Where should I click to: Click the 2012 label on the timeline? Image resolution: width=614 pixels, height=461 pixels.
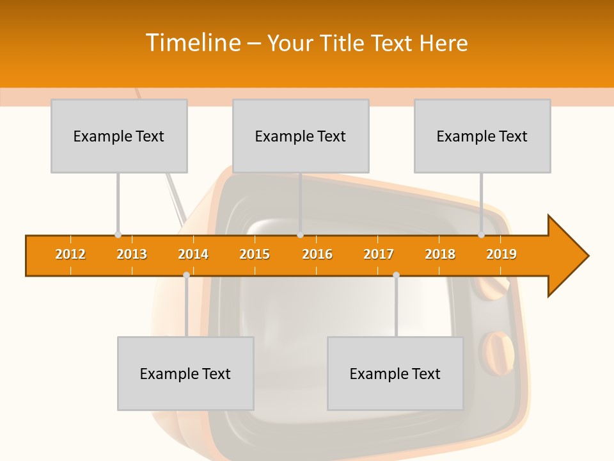[70, 254]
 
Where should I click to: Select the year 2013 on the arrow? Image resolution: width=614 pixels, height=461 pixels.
[132, 254]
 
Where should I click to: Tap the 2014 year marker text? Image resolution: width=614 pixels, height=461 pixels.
[193, 254]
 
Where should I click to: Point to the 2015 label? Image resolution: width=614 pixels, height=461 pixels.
[255, 254]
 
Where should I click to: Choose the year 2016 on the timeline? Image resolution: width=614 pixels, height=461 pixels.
[317, 254]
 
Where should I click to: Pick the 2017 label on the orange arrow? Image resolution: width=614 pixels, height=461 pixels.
[379, 254]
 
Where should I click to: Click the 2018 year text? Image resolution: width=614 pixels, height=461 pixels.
[440, 254]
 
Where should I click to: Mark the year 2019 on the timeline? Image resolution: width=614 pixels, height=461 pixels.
[501, 254]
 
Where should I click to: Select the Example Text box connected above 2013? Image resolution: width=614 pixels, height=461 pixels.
[119, 136]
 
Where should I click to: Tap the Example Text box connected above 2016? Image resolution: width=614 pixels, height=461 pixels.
[301, 136]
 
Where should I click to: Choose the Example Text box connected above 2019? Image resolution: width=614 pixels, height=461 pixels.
[482, 136]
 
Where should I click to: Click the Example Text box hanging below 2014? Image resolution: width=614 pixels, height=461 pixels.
[185, 373]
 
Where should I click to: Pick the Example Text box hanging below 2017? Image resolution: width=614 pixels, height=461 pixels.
[395, 373]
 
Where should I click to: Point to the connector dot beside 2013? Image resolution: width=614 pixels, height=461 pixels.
[118, 235]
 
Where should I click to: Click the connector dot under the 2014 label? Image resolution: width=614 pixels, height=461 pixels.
[186, 275]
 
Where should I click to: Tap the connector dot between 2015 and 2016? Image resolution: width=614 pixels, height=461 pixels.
[300, 235]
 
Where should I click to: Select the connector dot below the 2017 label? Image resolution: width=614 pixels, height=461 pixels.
[396, 275]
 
